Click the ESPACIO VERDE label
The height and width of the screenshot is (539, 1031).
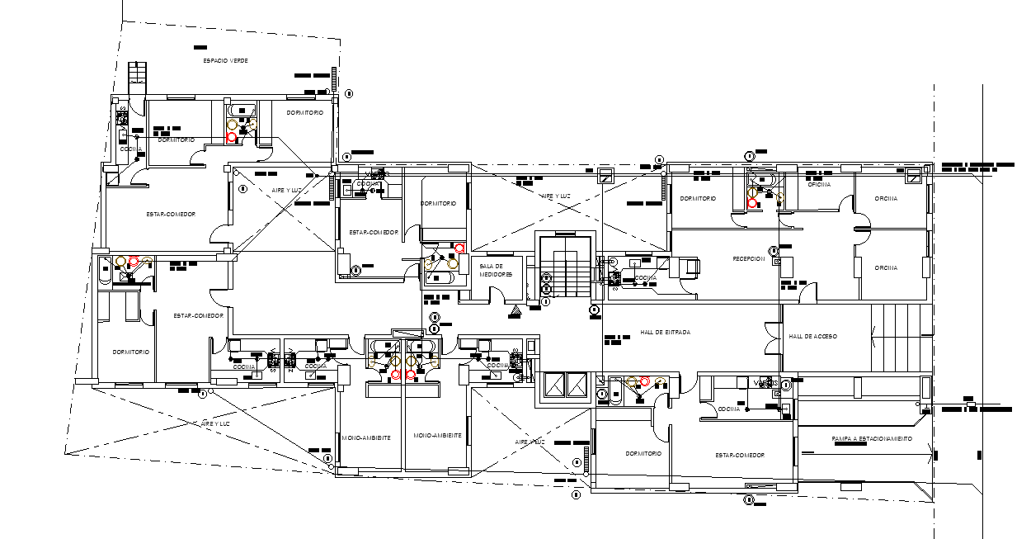coord(226,61)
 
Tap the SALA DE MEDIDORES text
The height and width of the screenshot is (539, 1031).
coord(496,270)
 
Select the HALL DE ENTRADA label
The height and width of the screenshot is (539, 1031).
coord(665,332)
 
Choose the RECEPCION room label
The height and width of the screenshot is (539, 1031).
coord(749,258)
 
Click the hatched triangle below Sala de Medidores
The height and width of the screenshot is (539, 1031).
coord(515,311)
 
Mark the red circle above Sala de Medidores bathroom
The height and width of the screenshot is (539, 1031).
coord(459,248)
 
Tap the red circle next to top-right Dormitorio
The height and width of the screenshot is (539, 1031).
coord(752,202)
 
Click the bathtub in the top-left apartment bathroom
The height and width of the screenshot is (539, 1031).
coord(242,110)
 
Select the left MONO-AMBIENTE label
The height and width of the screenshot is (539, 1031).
coord(365,436)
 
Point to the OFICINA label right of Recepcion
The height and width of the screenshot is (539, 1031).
coord(887,267)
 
